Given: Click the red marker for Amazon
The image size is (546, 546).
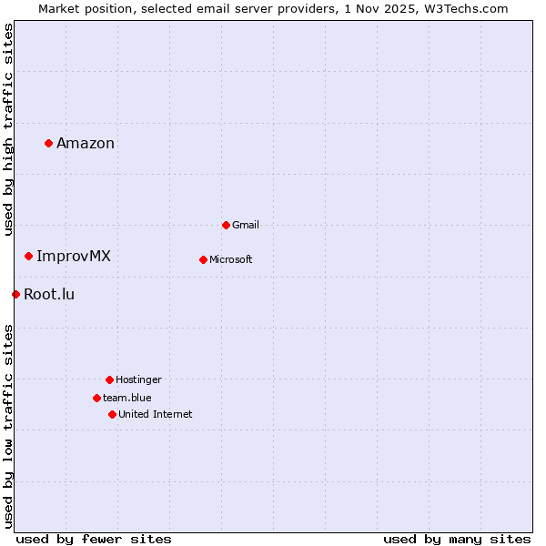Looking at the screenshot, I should pos(48,143).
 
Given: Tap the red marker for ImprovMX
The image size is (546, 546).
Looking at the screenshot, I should pos(28,256).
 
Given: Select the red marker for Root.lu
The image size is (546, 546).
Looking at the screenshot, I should pos(15,294).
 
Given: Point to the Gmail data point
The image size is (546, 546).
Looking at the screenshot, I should pos(226,225).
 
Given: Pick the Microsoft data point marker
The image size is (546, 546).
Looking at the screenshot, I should pos(203,259).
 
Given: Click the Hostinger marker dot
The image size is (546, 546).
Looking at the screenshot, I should pos(109,379).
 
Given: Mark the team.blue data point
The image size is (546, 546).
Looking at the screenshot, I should pos(96,398).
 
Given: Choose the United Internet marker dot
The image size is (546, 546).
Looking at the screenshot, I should pos(112,414).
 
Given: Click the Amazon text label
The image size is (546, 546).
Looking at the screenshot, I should pos(86,143).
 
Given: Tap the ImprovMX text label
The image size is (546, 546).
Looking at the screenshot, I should pos(74,256).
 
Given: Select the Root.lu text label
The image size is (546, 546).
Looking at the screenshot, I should pos(49,294).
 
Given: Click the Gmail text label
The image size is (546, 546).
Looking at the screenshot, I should pos(246,225).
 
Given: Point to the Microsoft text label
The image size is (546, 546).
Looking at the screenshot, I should pos(231,259).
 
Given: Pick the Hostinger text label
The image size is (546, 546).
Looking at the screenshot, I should pos(138,379).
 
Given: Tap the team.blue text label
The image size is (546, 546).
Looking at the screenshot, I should pos(127,398).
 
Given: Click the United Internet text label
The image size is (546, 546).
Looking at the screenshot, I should pos(156,414).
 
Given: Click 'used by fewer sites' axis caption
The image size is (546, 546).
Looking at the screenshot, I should pos(94,539).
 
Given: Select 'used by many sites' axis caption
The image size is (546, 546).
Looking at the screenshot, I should pos(457,539).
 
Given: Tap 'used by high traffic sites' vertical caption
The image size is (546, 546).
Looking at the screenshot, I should pos(8,129).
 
